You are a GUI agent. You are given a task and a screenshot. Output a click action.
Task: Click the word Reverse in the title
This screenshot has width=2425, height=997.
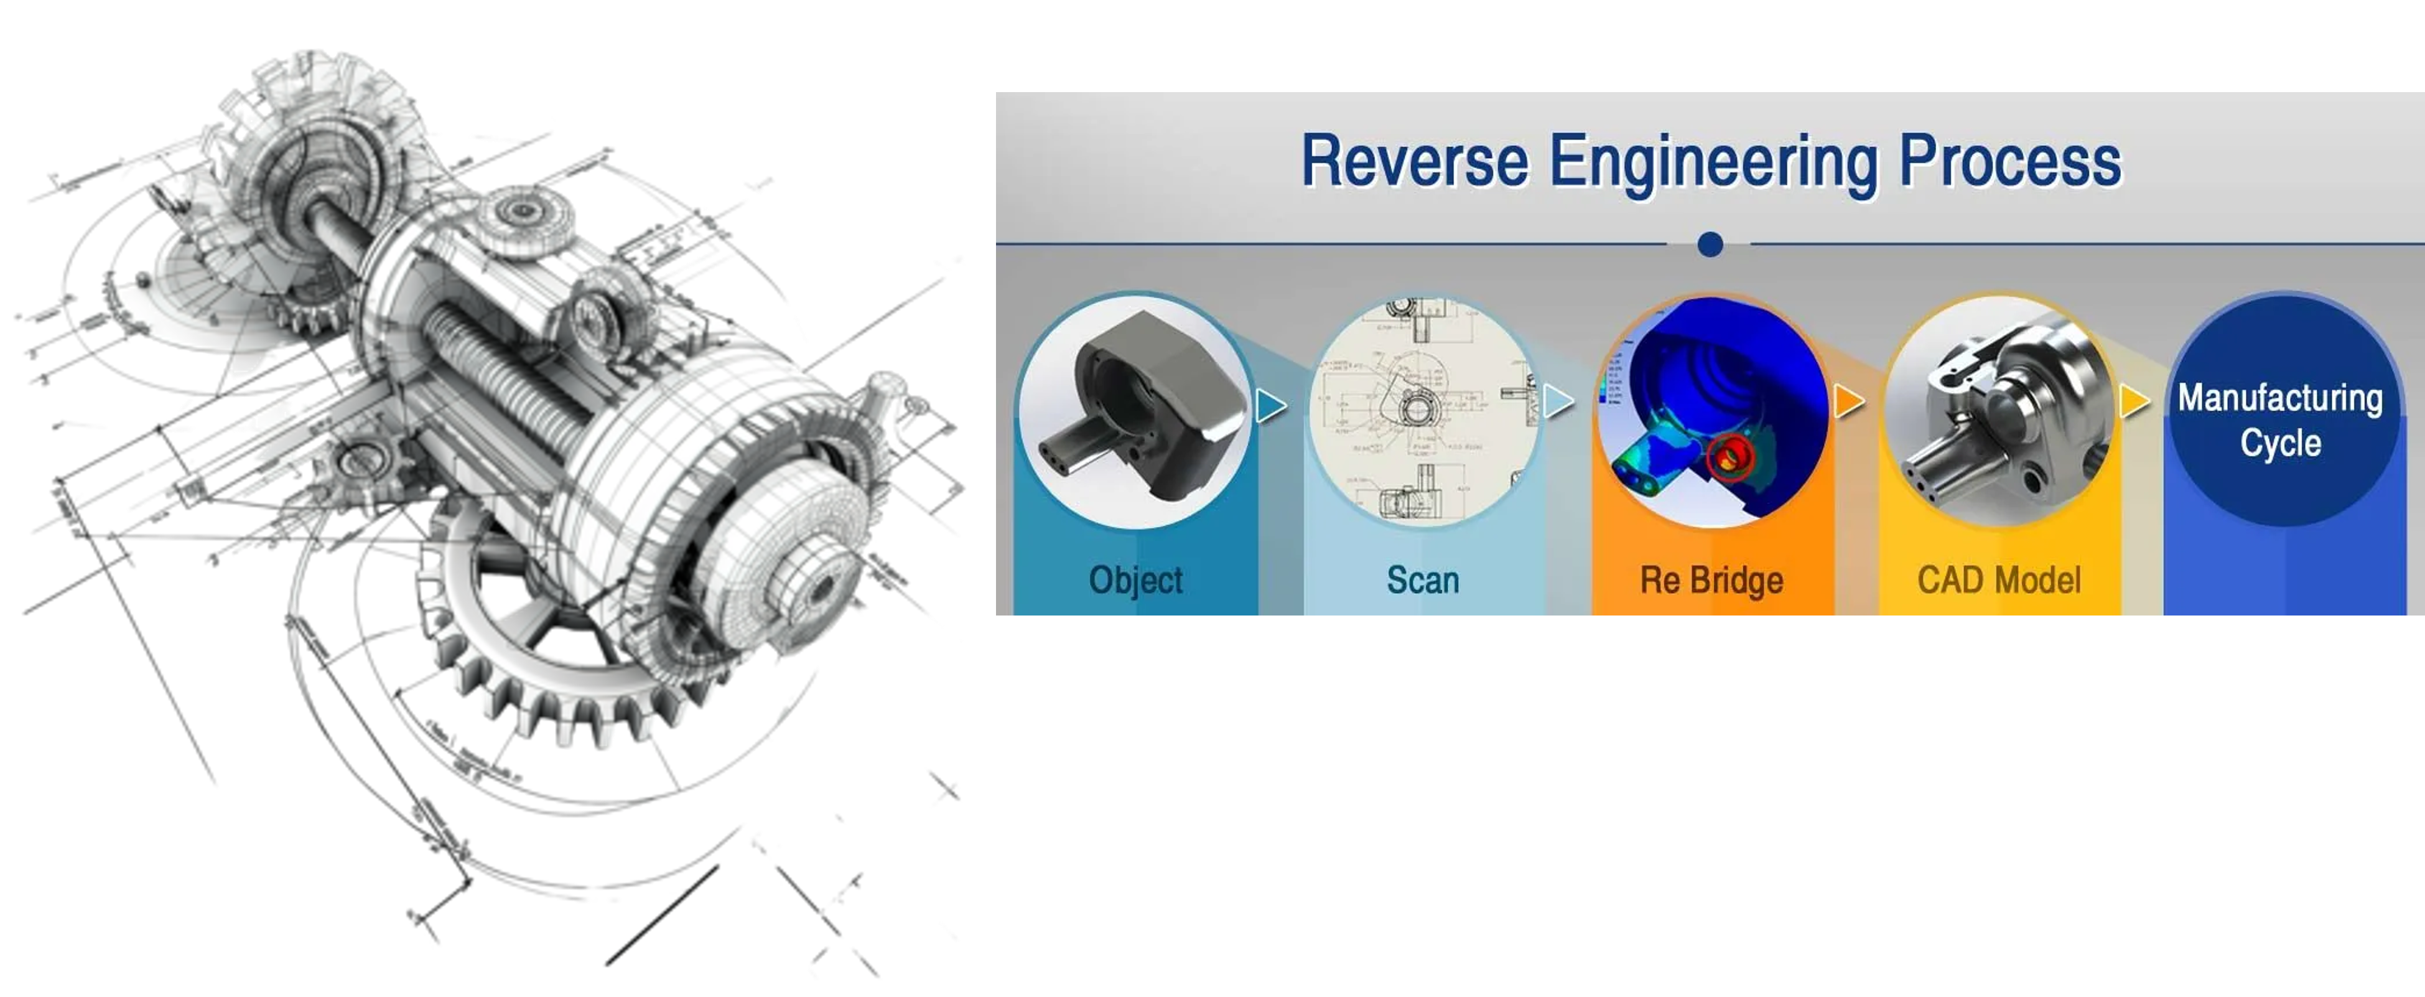point(1414,161)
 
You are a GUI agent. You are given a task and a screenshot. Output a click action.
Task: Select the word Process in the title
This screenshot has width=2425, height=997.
point(2010,161)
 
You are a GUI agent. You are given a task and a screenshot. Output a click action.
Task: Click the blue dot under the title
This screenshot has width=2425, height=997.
point(1710,245)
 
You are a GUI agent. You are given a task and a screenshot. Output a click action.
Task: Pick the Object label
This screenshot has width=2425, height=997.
point(1135,580)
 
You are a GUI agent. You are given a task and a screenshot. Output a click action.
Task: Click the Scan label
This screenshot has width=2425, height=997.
point(1422,580)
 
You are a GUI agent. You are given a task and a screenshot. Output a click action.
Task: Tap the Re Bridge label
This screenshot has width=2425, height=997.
point(1711,580)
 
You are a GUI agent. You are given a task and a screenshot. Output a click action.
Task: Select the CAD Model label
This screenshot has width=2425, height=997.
point(1999,580)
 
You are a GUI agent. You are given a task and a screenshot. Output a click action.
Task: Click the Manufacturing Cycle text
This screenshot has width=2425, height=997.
point(2280,420)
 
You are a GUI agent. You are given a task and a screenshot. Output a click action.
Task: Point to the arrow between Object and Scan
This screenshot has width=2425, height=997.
point(1272,406)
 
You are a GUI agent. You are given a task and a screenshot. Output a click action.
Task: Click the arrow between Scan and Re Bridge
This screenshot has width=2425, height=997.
point(1559,402)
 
